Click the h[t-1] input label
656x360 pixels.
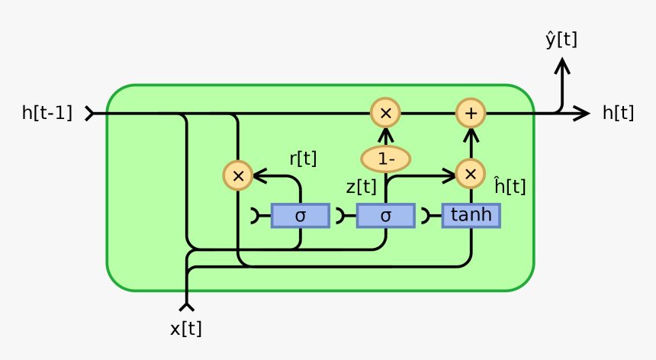coord(47,114)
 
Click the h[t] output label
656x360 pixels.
coord(618,114)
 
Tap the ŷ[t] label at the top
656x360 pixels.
coord(561,40)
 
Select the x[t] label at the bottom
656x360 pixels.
coord(186,329)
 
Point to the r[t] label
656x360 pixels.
coord(303,159)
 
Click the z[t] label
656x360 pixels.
coord(361,187)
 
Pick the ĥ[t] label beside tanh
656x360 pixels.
coord(510,186)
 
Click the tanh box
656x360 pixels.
coord(471,216)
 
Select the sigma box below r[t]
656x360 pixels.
coord(300,216)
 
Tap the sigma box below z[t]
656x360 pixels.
coord(385,216)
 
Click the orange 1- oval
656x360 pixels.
coord(385,159)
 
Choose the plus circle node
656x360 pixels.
coord(471,114)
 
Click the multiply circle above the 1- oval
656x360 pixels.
coord(385,114)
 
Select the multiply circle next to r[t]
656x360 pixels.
coord(238,175)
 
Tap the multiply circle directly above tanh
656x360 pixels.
coord(471,175)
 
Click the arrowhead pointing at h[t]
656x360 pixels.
coord(583,114)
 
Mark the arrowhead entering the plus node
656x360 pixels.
coord(471,135)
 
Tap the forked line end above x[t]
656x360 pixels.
coord(186,306)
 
